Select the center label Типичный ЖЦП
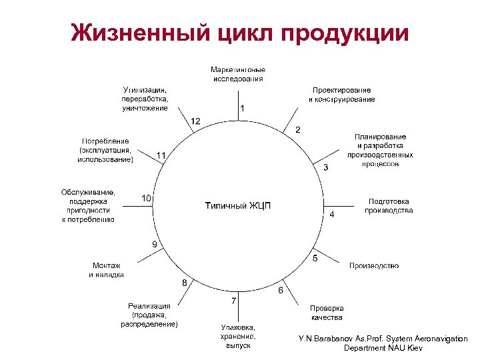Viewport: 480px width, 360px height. pyautogui.click(x=238, y=205)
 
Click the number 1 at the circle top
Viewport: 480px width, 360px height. pyautogui.click(x=242, y=107)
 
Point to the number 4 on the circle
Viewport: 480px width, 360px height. pyautogui.click(x=332, y=215)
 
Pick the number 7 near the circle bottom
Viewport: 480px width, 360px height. pyautogui.click(x=233, y=301)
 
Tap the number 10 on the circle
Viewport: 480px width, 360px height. pyautogui.click(x=147, y=198)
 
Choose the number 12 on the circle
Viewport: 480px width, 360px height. pyautogui.click(x=196, y=121)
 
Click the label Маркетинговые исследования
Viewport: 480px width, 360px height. pyautogui.click(x=238, y=73)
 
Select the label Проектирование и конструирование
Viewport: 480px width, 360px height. pyautogui.click(x=341, y=95)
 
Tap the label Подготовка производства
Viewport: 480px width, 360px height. pyautogui.click(x=389, y=205)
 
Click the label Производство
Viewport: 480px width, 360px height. pyautogui.click(x=374, y=266)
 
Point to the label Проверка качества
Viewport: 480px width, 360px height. pyautogui.click(x=327, y=313)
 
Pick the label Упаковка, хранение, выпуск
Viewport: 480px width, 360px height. pyautogui.click(x=238, y=336)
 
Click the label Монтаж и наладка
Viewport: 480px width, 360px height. pyautogui.click(x=107, y=269)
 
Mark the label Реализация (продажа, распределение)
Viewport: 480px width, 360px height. pyautogui.click(x=149, y=315)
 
